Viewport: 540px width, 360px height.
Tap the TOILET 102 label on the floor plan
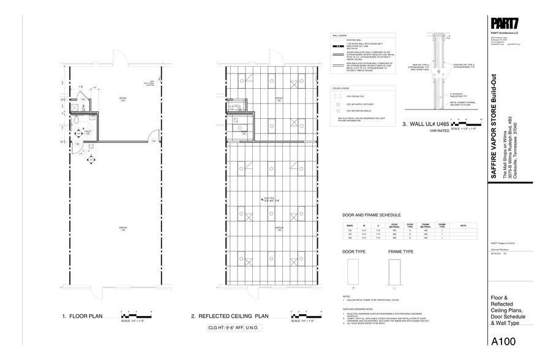pos(88,132)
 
